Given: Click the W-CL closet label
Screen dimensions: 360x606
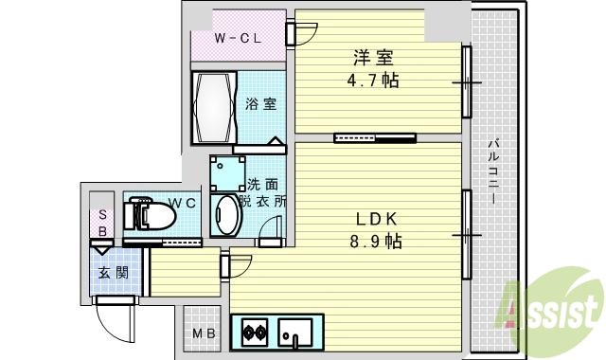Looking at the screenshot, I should pyautogui.click(x=237, y=38).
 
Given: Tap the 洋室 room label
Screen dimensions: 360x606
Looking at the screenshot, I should pyautogui.click(x=369, y=58).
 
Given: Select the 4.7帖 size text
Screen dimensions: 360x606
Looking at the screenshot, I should pyautogui.click(x=371, y=81).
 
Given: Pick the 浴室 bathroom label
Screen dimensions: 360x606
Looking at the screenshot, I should pyautogui.click(x=261, y=104).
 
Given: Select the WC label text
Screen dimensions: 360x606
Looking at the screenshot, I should pyautogui.click(x=183, y=203).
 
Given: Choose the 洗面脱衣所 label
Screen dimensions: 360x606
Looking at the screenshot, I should pyautogui.click(x=261, y=192).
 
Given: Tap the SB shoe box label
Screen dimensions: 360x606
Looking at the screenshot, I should pyautogui.click(x=102, y=222).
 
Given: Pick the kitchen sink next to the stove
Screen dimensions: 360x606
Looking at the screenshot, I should pyautogui.click(x=295, y=332).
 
